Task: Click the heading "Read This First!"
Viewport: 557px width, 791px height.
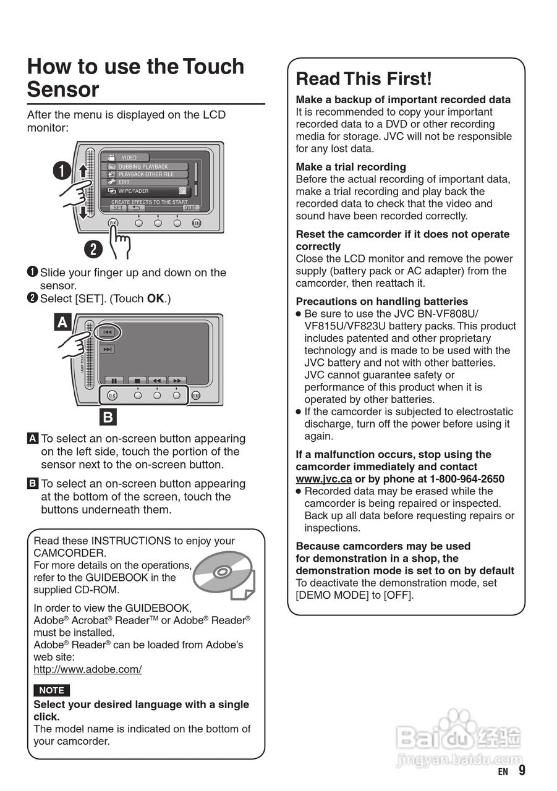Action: click(x=364, y=79)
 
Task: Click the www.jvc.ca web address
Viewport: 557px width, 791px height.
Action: click(x=323, y=479)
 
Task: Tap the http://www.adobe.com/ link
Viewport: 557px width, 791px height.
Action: click(x=87, y=669)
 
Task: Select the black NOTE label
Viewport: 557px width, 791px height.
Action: click(x=51, y=690)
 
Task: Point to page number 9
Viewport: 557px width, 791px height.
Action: click(x=522, y=770)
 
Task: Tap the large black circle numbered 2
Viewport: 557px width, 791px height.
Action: click(x=93, y=249)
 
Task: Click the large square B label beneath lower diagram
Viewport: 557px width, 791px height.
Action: click(x=108, y=417)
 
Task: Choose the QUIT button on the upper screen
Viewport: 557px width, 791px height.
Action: click(x=190, y=208)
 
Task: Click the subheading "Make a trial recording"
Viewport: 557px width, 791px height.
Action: click(x=351, y=167)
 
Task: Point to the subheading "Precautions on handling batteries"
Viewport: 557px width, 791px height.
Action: click(x=381, y=302)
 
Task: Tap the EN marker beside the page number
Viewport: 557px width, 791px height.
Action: click(x=503, y=771)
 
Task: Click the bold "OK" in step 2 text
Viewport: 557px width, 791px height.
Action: click(x=155, y=298)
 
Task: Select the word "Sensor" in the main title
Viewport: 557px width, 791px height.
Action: click(x=63, y=90)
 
